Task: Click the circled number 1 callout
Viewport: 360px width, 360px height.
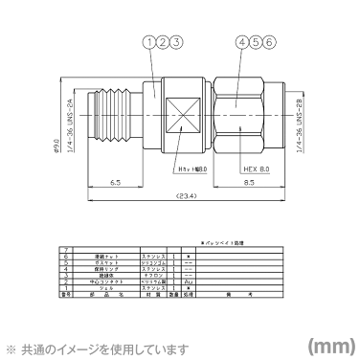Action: [148, 42]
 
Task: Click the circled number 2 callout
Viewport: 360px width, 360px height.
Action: [163, 42]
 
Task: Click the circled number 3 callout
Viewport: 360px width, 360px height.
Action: [176, 42]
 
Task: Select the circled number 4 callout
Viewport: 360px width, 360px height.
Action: [243, 42]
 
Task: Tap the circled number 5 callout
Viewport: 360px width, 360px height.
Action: [257, 42]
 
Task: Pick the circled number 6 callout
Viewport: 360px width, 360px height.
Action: [271, 42]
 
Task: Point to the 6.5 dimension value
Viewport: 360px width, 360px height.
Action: [115, 181]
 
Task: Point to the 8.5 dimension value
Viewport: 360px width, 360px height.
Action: [248, 181]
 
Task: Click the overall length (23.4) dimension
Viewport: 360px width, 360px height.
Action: [186, 196]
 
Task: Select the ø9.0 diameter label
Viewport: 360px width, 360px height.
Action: [57, 146]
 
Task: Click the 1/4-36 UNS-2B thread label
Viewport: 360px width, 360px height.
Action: [300, 124]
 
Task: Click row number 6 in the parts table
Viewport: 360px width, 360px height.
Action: [66, 258]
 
